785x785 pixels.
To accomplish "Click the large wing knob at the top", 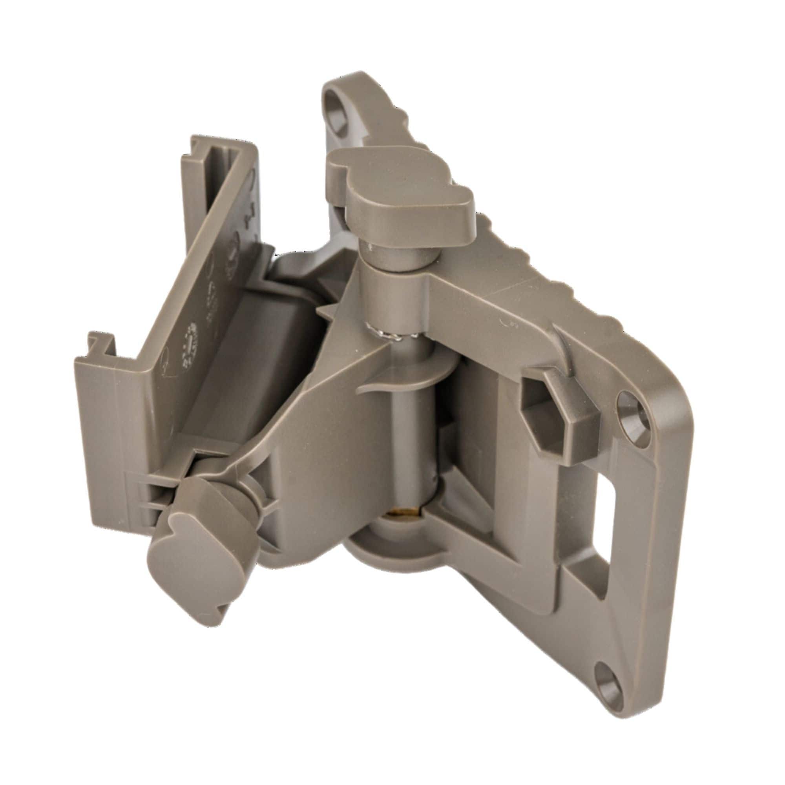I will (x=402, y=191).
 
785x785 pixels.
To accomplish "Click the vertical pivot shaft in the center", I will (x=411, y=439).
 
